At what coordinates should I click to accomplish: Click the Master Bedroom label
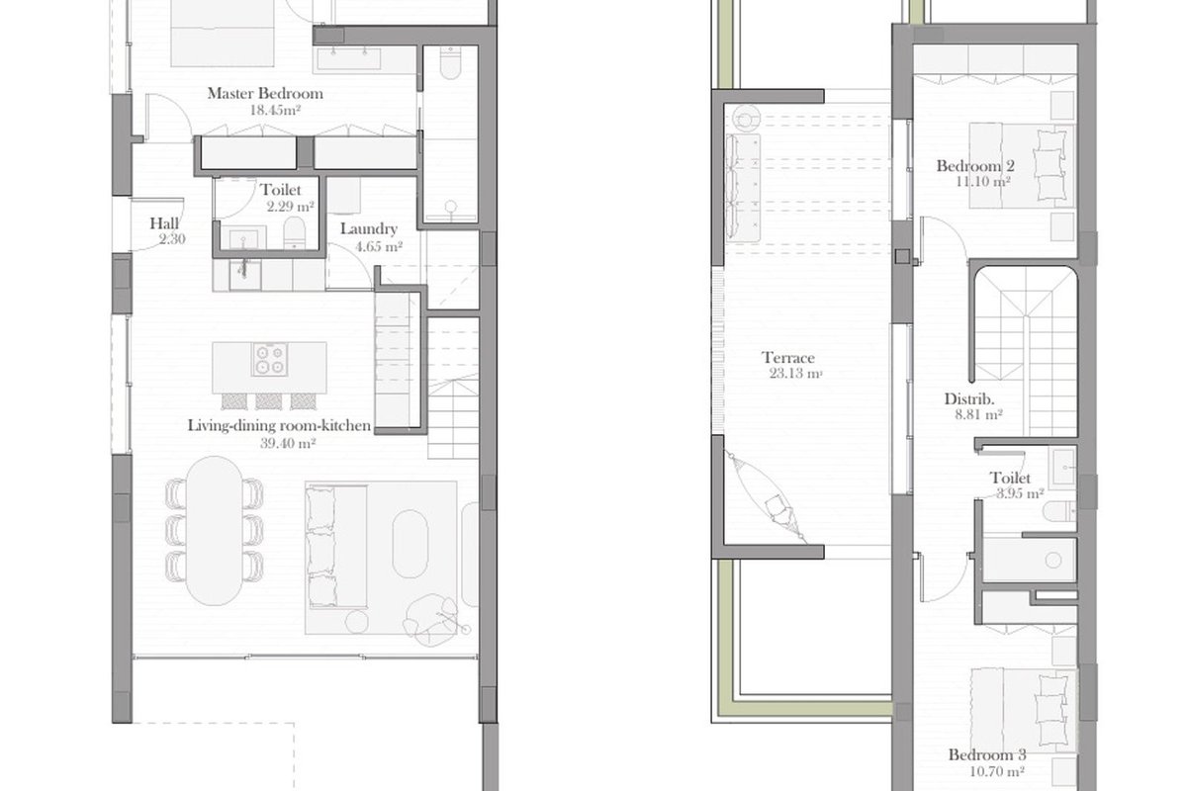click(265, 93)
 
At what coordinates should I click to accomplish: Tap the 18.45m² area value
click(275, 110)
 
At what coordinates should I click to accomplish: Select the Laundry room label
click(369, 228)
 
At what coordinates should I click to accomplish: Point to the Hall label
click(164, 223)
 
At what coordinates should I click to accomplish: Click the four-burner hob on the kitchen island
click(270, 359)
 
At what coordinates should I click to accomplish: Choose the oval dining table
click(215, 530)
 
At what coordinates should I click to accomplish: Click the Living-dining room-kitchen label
click(279, 425)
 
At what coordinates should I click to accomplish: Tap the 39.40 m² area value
click(288, 443)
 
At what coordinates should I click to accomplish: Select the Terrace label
click(788, 358)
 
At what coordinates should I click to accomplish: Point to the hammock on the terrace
click(766, 497)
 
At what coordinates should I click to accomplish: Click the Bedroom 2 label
click(975, 166)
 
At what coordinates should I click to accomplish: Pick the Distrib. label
click(969, 398)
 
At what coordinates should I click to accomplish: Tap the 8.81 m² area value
click(978, 414)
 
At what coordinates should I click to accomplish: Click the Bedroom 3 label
click(987, 754)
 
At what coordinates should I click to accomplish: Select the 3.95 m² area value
click(1020, 493)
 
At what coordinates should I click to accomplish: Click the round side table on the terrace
click(745, 118)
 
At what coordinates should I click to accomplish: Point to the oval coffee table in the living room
click(410, 544)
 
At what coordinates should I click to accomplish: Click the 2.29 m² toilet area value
click(291, 206)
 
